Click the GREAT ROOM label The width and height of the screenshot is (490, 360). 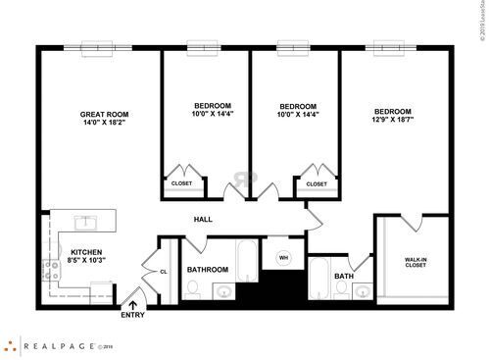coord(104,115)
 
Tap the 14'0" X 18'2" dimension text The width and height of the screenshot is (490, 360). coord(104,125)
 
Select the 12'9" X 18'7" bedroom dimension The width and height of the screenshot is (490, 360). coord(392,120)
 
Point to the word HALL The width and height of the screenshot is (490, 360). coord(203,219)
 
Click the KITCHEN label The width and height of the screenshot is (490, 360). coord(86,252)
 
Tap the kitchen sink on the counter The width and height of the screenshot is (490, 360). coord(85,220)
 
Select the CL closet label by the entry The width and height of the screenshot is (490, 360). coord(165,272)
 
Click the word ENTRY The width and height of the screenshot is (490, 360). coord(132,316)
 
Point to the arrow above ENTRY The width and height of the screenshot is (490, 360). coord(132,305)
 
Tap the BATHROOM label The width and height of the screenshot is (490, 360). coord(208,270)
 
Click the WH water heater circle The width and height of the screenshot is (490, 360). coord(284,258)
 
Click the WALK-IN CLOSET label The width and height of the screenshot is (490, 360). coord(416,262)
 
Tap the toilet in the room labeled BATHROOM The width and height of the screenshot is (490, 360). coord(193,289)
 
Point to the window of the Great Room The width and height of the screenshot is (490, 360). coord(98,44)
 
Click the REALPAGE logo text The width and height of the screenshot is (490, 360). coord(62,345)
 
